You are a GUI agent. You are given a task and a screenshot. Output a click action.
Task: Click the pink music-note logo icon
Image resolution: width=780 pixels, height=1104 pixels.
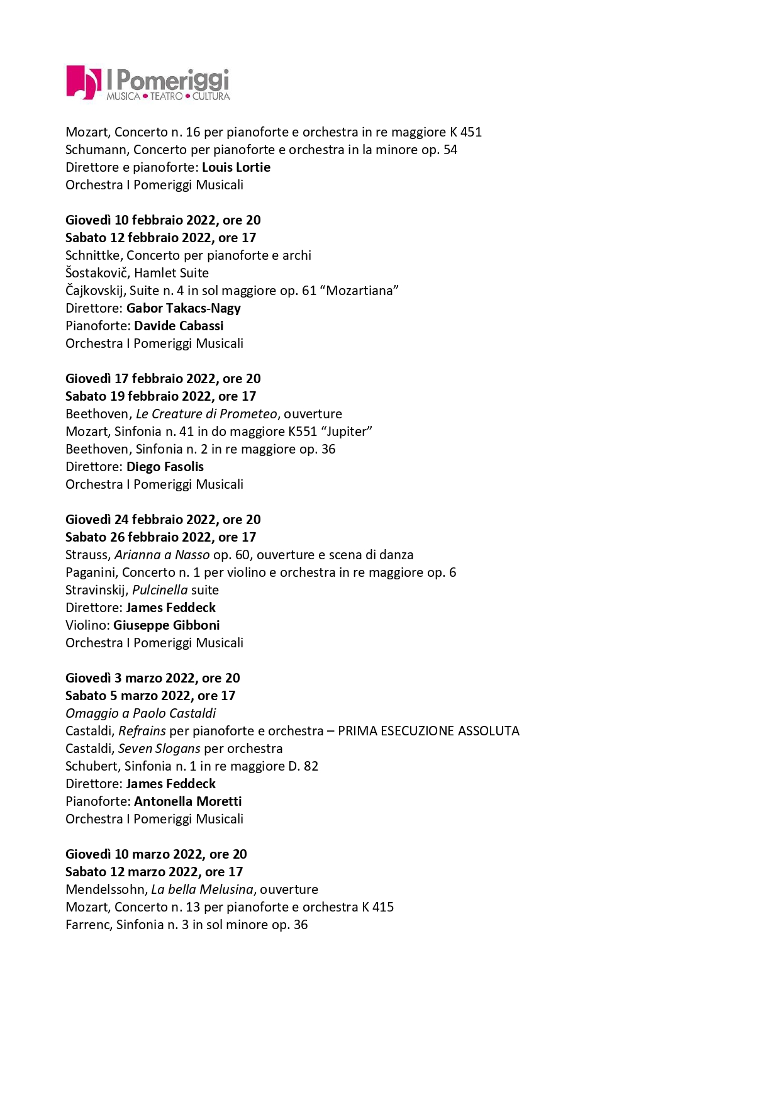click(83, 82)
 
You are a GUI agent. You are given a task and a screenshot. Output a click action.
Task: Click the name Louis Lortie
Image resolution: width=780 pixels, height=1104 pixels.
click(236, 167)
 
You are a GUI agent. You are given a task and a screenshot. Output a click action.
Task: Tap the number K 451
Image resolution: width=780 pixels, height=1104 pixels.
click(465, 132)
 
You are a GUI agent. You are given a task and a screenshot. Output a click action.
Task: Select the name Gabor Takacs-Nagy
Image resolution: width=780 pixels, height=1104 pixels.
click(183, 308)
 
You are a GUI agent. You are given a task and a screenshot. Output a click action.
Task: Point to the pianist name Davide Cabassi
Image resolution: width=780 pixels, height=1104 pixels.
click(179, 326)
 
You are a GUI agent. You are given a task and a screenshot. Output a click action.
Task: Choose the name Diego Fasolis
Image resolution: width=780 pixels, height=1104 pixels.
click(165, 467)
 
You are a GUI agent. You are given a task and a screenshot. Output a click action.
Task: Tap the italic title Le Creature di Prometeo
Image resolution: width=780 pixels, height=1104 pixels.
click(206, 414)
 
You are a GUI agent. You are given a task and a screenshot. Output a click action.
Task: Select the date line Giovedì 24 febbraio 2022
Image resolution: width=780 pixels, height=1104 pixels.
click(163, 520)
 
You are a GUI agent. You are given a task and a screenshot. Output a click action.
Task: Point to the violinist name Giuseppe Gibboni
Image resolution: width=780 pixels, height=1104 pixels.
click(166, 625)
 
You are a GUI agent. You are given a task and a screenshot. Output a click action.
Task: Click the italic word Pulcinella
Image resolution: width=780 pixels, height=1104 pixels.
click(160, 590)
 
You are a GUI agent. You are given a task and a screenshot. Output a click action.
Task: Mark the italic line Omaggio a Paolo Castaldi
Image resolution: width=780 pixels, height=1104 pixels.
click(141, 713)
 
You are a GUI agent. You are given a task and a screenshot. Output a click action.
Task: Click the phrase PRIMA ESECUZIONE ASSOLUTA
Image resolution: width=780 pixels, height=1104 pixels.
click(428, 731)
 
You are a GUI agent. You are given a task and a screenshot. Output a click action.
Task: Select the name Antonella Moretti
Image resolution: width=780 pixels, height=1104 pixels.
click(187, 801)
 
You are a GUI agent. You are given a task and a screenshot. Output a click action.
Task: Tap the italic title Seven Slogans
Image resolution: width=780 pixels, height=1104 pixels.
click(159, 749)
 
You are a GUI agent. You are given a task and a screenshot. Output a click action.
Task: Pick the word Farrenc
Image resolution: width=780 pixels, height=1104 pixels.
click(87, 925)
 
